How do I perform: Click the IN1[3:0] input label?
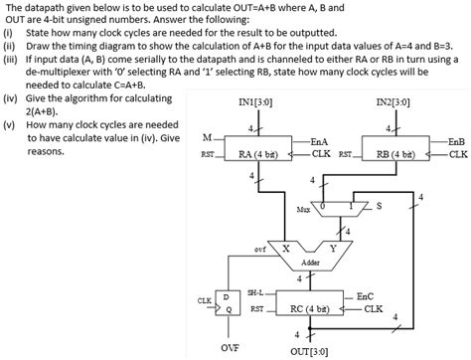click(257, 101)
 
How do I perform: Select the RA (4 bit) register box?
click(257, 154)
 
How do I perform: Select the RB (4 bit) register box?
click(395, 154)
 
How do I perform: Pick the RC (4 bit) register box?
click(310, 309)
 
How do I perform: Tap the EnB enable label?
click(457, 142)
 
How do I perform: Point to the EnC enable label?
click(365, 296)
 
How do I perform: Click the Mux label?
click(303, 210)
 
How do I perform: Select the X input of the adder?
click(287, 248)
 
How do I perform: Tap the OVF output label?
click(229, 348)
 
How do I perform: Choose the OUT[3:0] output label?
click(310, 351)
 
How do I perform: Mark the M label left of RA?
click(206, 137)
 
